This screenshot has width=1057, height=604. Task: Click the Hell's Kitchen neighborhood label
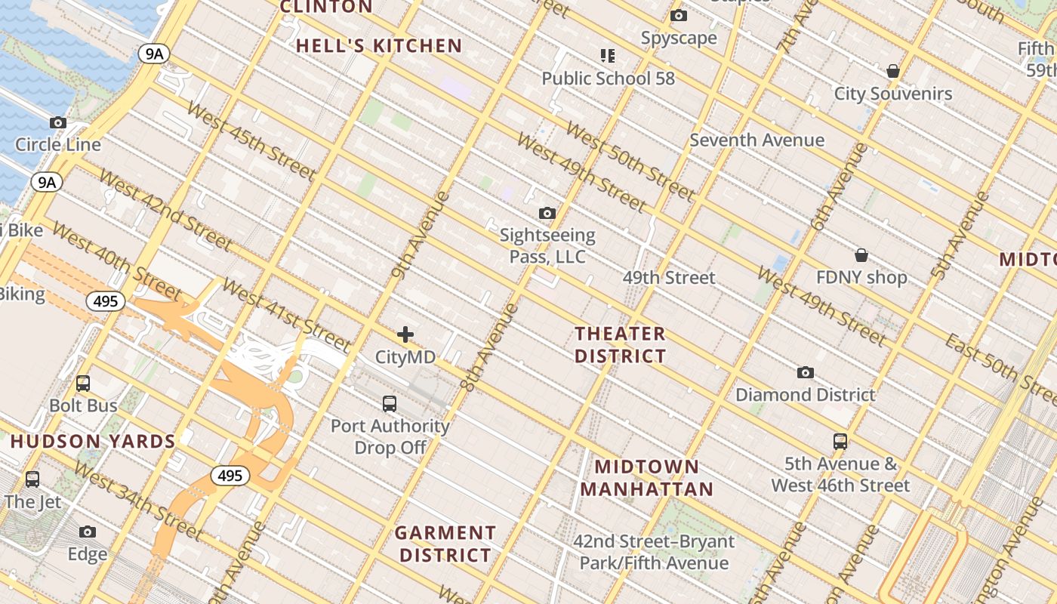(x=378, y=46)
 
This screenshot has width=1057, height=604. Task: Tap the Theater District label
(x=621, y=344)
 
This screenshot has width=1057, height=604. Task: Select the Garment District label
(x=445, y=544)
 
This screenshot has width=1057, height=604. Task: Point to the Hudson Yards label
(x=93, y=442)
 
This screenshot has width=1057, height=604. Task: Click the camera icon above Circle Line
(x=58, y=122)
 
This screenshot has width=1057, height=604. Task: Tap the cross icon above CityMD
(x=405, y=334)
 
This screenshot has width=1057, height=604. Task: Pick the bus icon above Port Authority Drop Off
(x=390, y=404)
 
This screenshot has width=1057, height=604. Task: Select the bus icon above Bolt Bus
(x=83, y=384)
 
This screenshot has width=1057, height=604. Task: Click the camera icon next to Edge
(x=88, y=532)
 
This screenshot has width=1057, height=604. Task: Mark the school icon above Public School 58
(x=608, y=56)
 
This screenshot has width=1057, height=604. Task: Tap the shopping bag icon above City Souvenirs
(x=893, y=72)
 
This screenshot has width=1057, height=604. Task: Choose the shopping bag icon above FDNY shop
(x=861, y=255)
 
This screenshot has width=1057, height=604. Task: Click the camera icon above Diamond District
(x=806, y=373)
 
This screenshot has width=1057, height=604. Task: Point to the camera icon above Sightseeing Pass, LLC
(x=547, y=214)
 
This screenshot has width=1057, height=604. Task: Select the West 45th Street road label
(x=251, y=141)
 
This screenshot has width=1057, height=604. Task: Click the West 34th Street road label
(x=138, y=502)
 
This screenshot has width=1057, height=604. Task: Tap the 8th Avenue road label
(x=491, y=347)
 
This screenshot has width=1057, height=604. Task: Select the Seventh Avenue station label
(x=757, y=140)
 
